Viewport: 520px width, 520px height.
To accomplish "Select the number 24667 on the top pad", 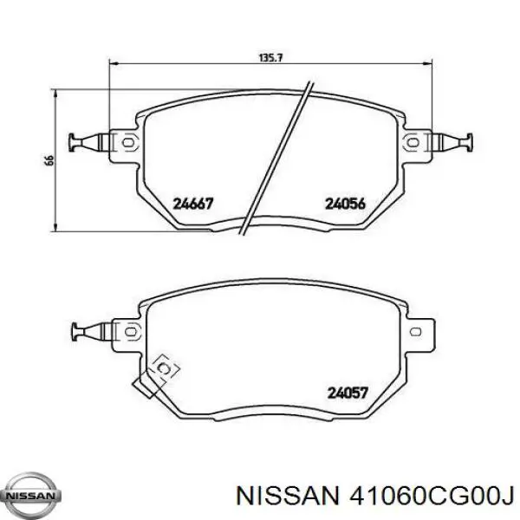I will [x=194, y=205].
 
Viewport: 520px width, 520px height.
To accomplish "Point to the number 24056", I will [x=345, y=205].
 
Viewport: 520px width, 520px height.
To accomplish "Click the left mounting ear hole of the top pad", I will [x=126, y=140].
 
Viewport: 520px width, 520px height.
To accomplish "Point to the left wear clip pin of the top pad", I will [x=84, y=140].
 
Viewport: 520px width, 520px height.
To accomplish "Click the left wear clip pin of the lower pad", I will [x=84, y=329].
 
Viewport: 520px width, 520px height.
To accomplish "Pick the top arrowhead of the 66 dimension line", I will [x=56, y=93].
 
